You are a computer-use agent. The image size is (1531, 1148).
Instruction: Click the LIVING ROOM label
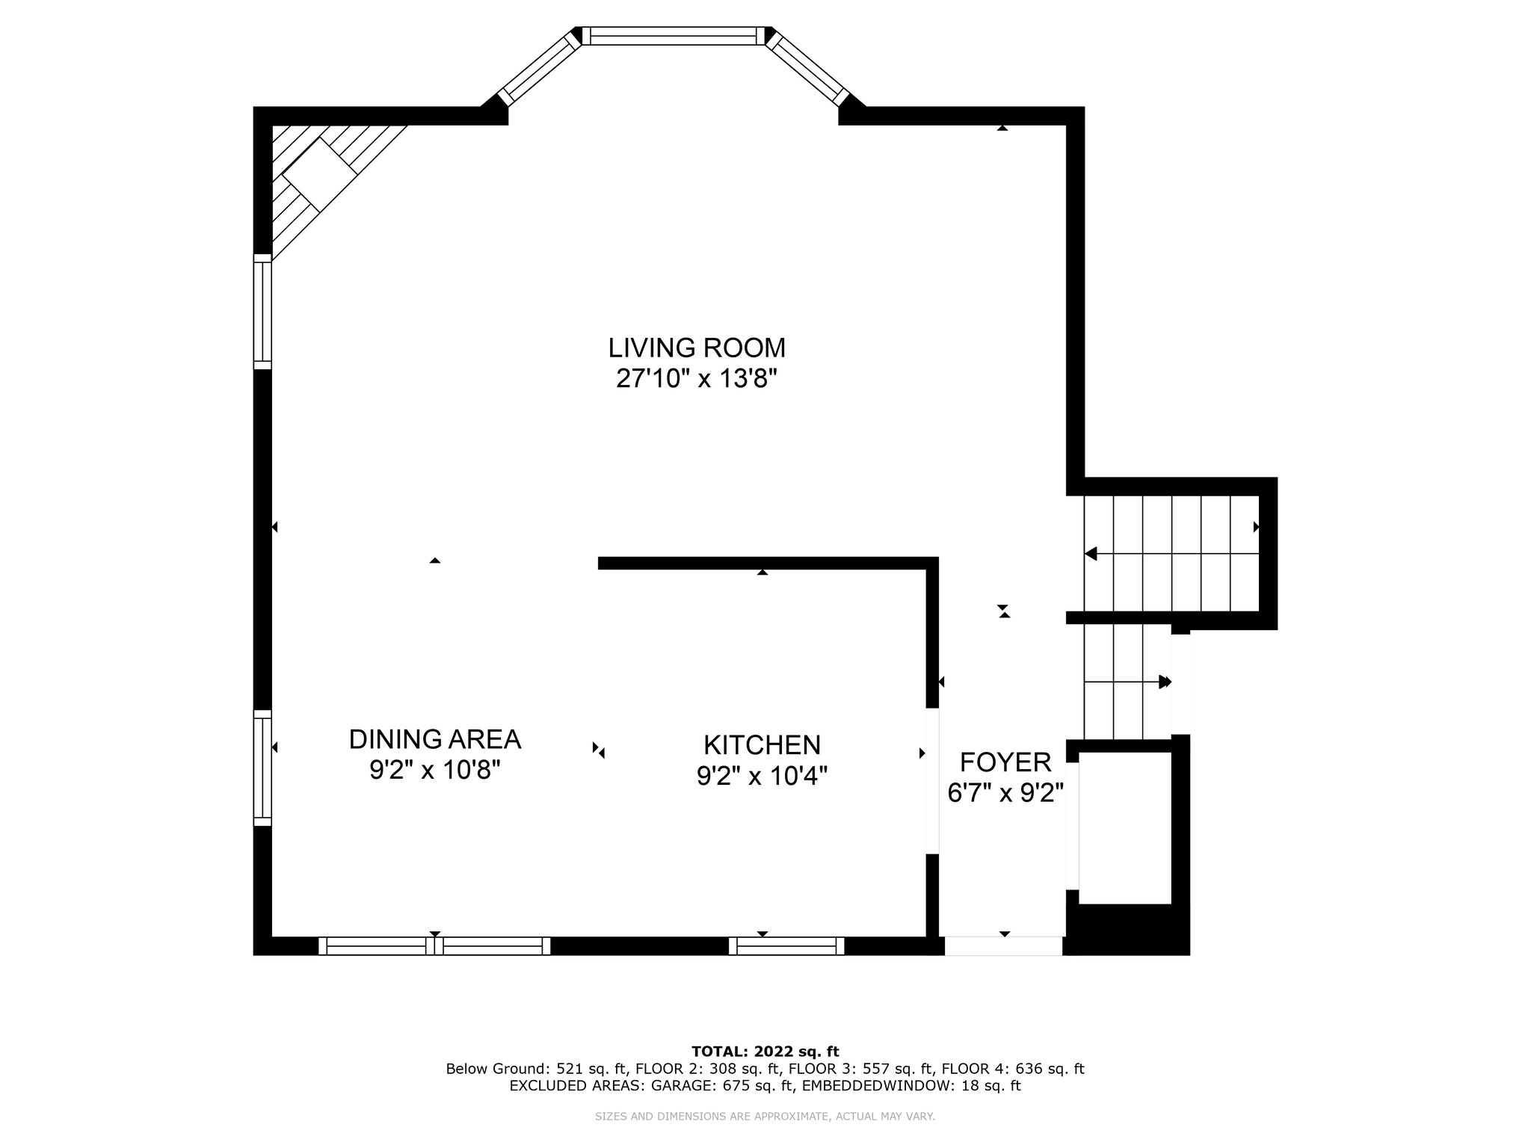(x=697, y=348)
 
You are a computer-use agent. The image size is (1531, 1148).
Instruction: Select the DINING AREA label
(x=435, y=739)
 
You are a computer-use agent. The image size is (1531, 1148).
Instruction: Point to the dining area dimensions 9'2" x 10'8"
(x=435, y=770)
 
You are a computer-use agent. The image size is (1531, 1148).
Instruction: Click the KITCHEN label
(x=763, y=745)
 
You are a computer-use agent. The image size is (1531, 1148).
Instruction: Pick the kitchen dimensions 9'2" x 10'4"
(x=763, y=777)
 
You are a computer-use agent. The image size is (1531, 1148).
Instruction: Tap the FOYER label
(x=1005, y=762)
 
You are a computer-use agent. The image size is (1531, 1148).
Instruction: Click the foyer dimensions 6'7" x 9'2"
(x=1005, y=793)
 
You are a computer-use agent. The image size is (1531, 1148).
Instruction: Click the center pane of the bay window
(x=674, y=36)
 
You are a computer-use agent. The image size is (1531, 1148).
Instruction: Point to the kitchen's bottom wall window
(x=786, y=946)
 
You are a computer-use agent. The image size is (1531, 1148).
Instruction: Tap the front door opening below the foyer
(x=1003, y=946)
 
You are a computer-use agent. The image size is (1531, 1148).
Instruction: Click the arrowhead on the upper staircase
(x=1091, y=554)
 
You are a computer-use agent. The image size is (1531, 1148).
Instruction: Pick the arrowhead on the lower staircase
(x=1165, y=682)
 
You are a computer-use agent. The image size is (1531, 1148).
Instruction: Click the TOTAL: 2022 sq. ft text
(x=765, y=1052)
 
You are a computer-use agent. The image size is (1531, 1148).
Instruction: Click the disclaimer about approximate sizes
(x=765, y=1117)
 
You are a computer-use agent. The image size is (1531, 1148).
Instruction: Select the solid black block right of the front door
(x=1127, y=929)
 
